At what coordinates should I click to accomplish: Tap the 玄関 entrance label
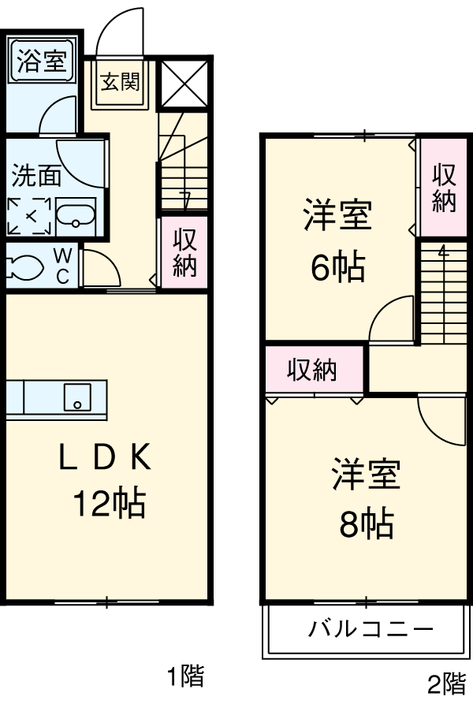click(120, 82)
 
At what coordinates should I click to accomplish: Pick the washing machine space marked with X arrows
click(31, 215)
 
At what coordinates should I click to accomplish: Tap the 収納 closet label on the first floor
click(184, 253)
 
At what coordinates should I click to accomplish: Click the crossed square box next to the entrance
click(184, 82)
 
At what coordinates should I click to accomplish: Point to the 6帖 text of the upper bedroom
click(337, 269)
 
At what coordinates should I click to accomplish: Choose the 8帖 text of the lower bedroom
click(367, 523)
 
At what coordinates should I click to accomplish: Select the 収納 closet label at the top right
click(444, 187)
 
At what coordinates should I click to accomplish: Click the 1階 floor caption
click(185, 676)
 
